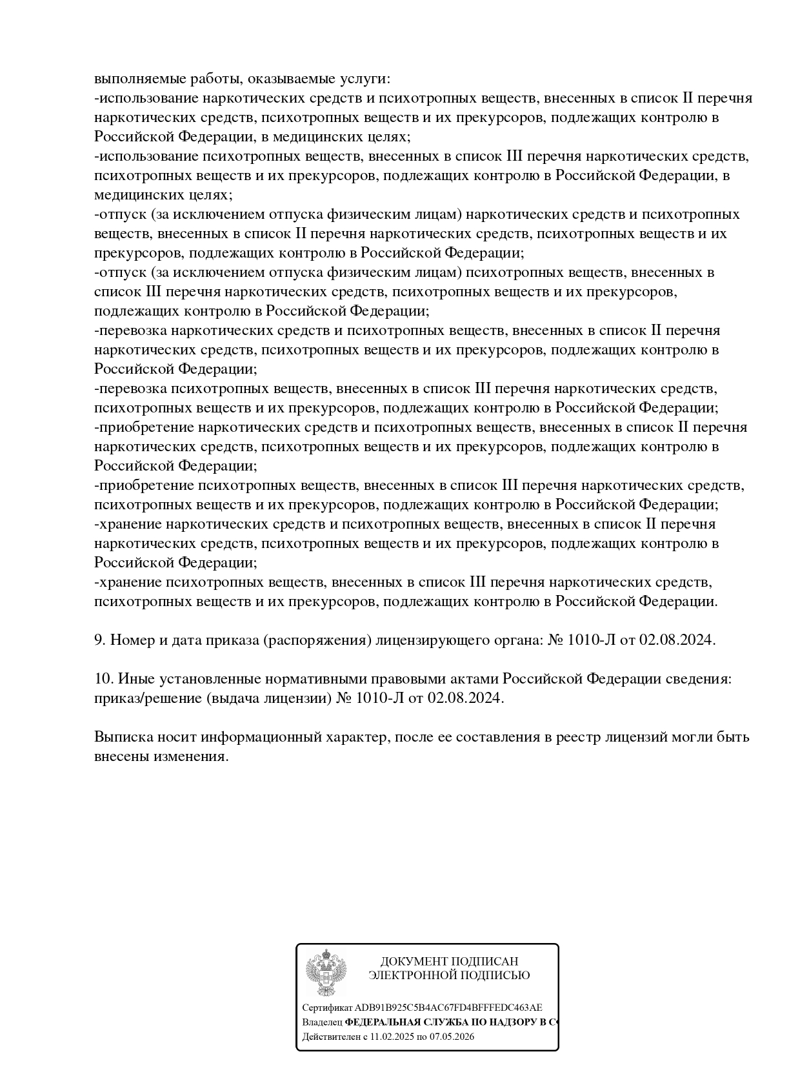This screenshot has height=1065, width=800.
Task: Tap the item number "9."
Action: click(x=100, y=640)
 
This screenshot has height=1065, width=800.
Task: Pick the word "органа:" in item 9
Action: click(x=517, y=640)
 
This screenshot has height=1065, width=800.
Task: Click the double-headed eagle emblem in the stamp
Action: click(x=326, y=973)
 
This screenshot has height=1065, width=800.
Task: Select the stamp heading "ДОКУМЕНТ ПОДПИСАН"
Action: click(x=449, y=962)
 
